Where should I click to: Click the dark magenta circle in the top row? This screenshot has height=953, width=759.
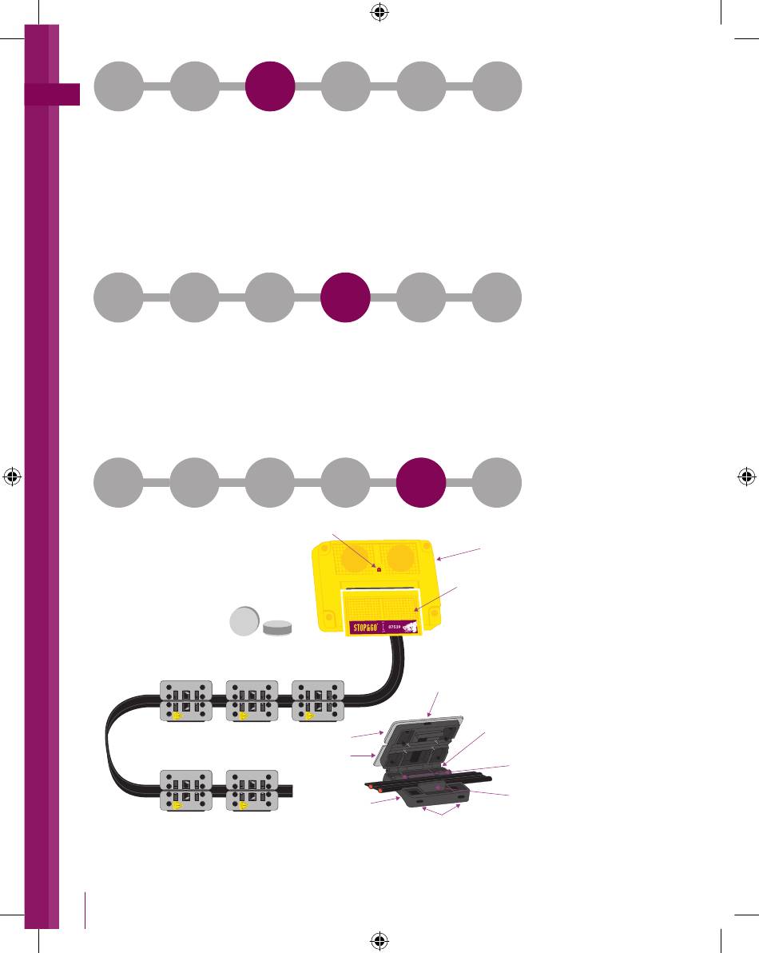(x=270, y=86)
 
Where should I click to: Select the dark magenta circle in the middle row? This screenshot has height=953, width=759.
(x=345, y=297)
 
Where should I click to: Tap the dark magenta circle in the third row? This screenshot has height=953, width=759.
(x=421, y=482)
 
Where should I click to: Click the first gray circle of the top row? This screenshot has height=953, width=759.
(x=119, y=86)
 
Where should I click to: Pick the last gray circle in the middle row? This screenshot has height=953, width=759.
(x=497, y=297)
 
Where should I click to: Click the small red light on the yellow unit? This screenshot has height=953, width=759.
(x=379, y=570)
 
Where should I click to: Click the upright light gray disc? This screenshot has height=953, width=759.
(x=244, y=621)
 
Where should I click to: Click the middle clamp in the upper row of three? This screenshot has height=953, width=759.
(x=252, y=701)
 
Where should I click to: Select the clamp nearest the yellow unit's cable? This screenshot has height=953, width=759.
(x=318, y=701)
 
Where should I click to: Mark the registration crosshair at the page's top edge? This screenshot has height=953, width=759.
(x=379, y=13)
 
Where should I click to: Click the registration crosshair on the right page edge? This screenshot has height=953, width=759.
(x=746, y=477)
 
